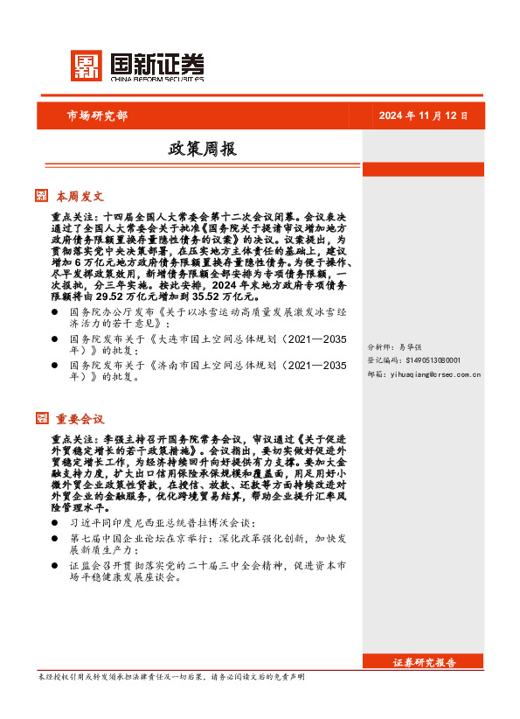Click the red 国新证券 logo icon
tap(86, 66)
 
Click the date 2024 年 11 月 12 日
tap(423, 115)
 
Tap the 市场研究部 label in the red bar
tap(97, 115)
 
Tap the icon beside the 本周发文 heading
tap(41, 195)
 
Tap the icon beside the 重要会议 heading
tap(41, 418)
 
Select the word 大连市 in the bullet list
tap(179, 338)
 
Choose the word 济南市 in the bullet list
tap(179, 365)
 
